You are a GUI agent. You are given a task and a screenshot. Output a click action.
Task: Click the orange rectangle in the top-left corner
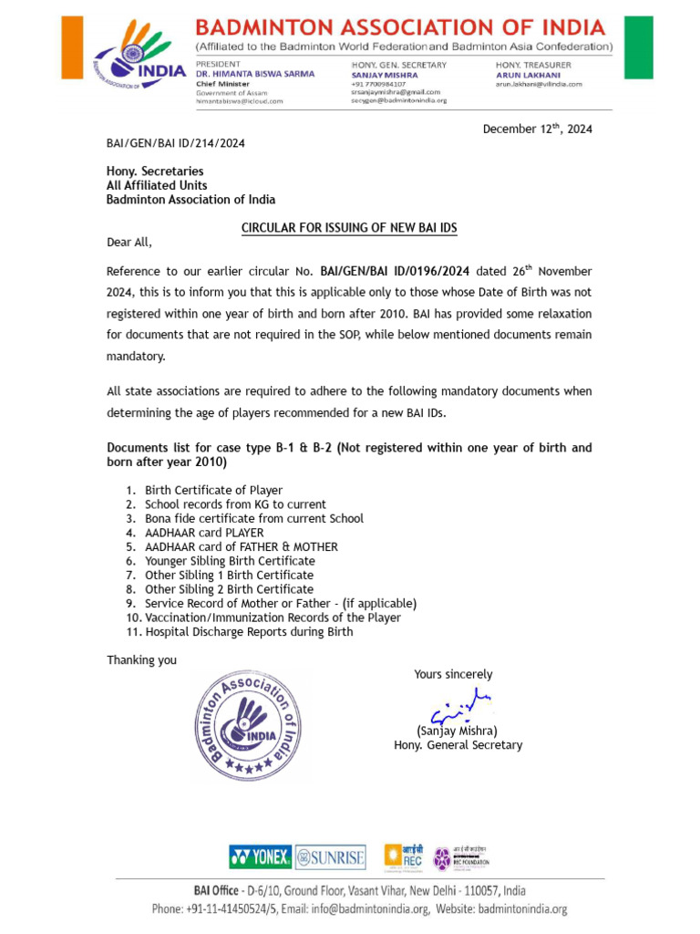(71, 47)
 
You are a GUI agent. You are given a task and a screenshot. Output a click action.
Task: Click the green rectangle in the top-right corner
(641, 47)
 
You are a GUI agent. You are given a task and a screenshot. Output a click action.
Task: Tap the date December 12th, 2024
(537, 129)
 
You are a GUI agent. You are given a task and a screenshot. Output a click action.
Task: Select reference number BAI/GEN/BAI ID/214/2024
(175, 143)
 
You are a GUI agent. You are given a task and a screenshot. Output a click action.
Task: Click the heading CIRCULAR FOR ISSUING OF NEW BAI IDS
(349, 228)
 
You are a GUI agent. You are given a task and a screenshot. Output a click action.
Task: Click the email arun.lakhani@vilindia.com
(539, 84)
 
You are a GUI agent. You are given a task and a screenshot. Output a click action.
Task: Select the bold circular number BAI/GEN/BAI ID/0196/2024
(395, 272)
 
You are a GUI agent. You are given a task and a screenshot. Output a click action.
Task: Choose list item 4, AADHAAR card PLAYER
(203, 533)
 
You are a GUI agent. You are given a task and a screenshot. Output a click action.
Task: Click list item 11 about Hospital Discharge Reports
(248, 632)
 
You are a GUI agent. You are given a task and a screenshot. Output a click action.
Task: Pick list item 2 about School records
(234, 504)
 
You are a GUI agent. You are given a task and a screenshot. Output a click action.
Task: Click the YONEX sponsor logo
(260, 856)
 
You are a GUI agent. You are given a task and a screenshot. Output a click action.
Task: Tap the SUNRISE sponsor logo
(331, 856)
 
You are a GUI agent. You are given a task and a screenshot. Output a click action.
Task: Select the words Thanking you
(141, 660)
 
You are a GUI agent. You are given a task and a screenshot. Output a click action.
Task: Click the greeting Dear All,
(129, 243)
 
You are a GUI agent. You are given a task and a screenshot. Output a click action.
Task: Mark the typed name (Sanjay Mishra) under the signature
(457, 731)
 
